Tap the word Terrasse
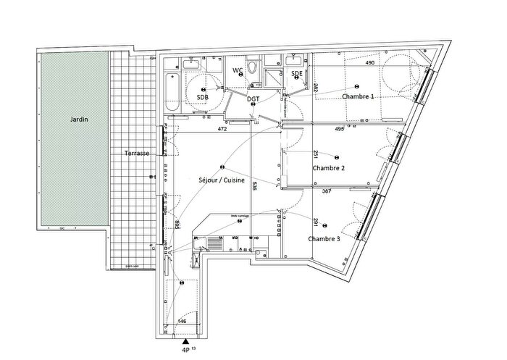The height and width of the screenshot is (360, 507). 137,154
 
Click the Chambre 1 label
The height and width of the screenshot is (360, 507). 358,97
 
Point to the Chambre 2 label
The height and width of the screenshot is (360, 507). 328,168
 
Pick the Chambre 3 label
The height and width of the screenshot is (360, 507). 323,238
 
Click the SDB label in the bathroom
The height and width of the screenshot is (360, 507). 203,96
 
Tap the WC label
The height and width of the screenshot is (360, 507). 237,70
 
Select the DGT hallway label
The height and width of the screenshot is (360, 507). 253,99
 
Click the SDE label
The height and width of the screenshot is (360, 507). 297,74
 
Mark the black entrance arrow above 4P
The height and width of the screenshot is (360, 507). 187,340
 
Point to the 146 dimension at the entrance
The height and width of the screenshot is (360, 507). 183,321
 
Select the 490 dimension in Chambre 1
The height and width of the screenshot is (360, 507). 370,63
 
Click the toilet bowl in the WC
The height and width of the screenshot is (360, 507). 251,68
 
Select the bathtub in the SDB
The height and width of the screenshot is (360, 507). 171,91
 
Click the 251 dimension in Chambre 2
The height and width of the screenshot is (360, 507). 317,154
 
